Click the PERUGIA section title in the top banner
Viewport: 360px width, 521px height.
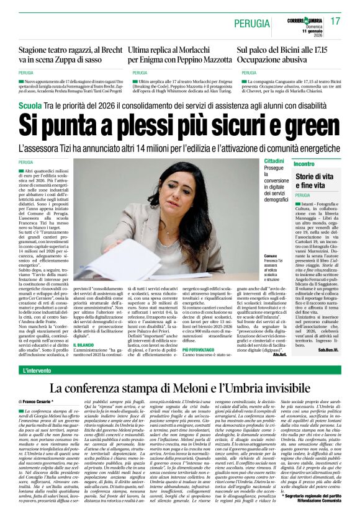(x=255, y=20)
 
